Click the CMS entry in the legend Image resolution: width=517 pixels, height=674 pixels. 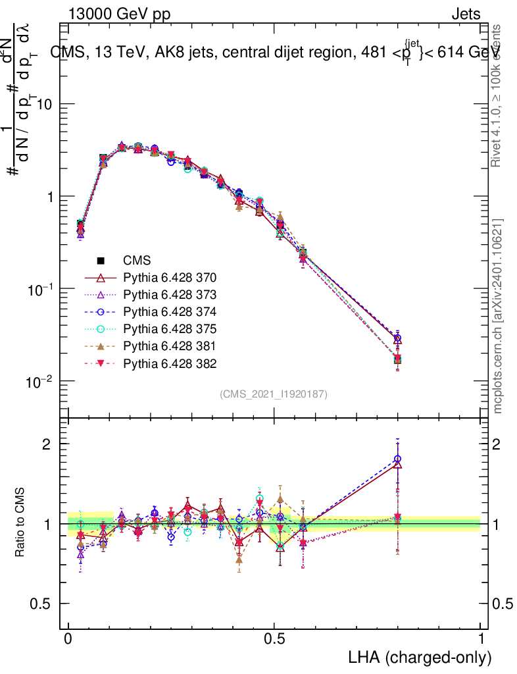tap(137, 261)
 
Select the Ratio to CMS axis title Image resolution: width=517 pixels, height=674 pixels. tap(21, 523)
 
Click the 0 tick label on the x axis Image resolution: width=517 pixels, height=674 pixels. tap(68, 639)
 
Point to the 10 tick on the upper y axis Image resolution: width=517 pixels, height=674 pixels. tap(42, 105)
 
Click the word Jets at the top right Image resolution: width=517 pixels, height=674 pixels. tap(466, 14)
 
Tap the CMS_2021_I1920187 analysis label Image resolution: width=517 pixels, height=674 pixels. tap(274, 394)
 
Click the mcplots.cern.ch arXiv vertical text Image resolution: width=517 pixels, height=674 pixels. tap(498, 316)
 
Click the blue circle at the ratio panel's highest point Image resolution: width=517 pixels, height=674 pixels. tap(397, 459)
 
